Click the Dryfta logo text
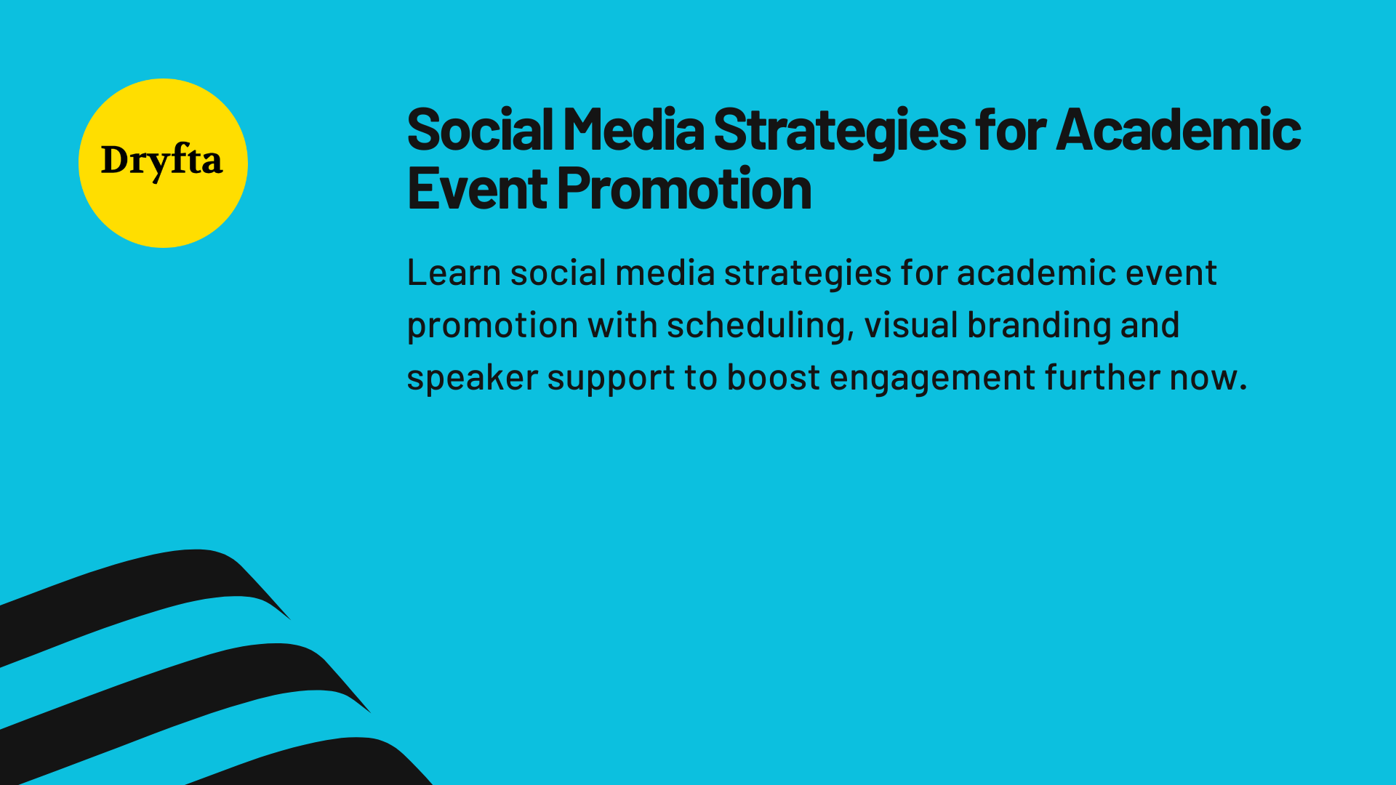161,161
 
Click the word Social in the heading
480,131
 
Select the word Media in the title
633,131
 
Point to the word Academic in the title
1178,131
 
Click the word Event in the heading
477,190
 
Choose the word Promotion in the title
684,190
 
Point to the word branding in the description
1039,326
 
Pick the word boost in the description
774,378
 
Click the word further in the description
1103,378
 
